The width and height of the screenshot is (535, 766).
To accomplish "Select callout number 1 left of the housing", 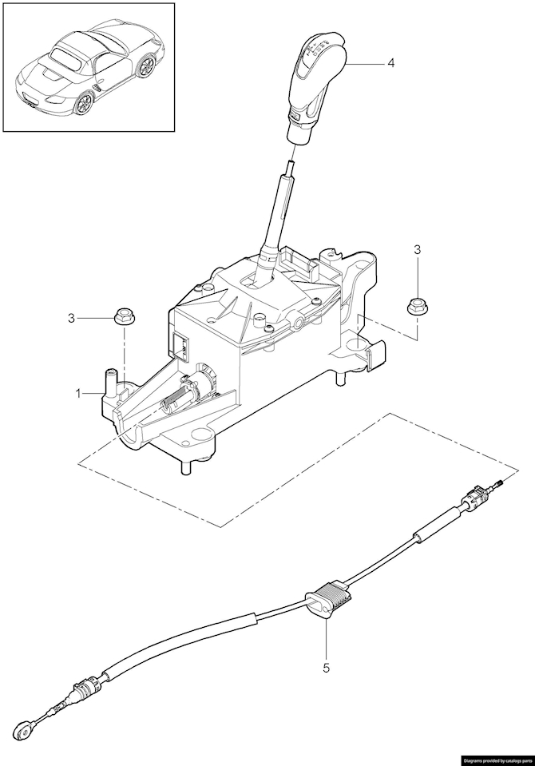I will [x=79, y=393].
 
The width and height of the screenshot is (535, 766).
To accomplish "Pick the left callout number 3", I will [x=71, y=318].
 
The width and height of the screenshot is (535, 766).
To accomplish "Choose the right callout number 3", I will [x=417, y=250].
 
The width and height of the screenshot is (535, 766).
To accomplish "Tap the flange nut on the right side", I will [x=417, y=304].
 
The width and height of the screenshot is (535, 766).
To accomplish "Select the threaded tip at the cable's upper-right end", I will [x=500, y=482].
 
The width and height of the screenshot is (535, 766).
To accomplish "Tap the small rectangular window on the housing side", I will [x=180, y=344].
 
